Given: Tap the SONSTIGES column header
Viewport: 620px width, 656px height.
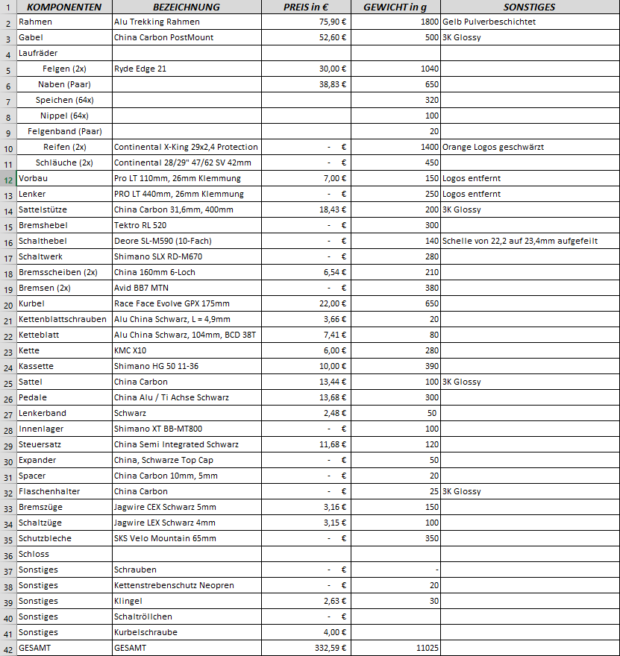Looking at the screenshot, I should pos(529,7).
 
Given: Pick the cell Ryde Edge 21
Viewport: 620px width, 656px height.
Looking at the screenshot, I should pos(140,69).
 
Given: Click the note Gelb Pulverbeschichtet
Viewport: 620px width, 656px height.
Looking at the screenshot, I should pos(489,22).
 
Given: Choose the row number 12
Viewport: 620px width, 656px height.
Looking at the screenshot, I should pos(7,179).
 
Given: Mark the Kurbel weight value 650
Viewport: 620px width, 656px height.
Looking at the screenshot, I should pos(431,303).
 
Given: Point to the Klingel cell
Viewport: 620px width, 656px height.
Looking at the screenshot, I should pos(128,601).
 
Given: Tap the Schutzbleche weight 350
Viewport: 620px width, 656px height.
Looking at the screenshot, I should pos(431,538).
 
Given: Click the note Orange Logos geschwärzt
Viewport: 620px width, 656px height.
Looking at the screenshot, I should pos(492,147).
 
